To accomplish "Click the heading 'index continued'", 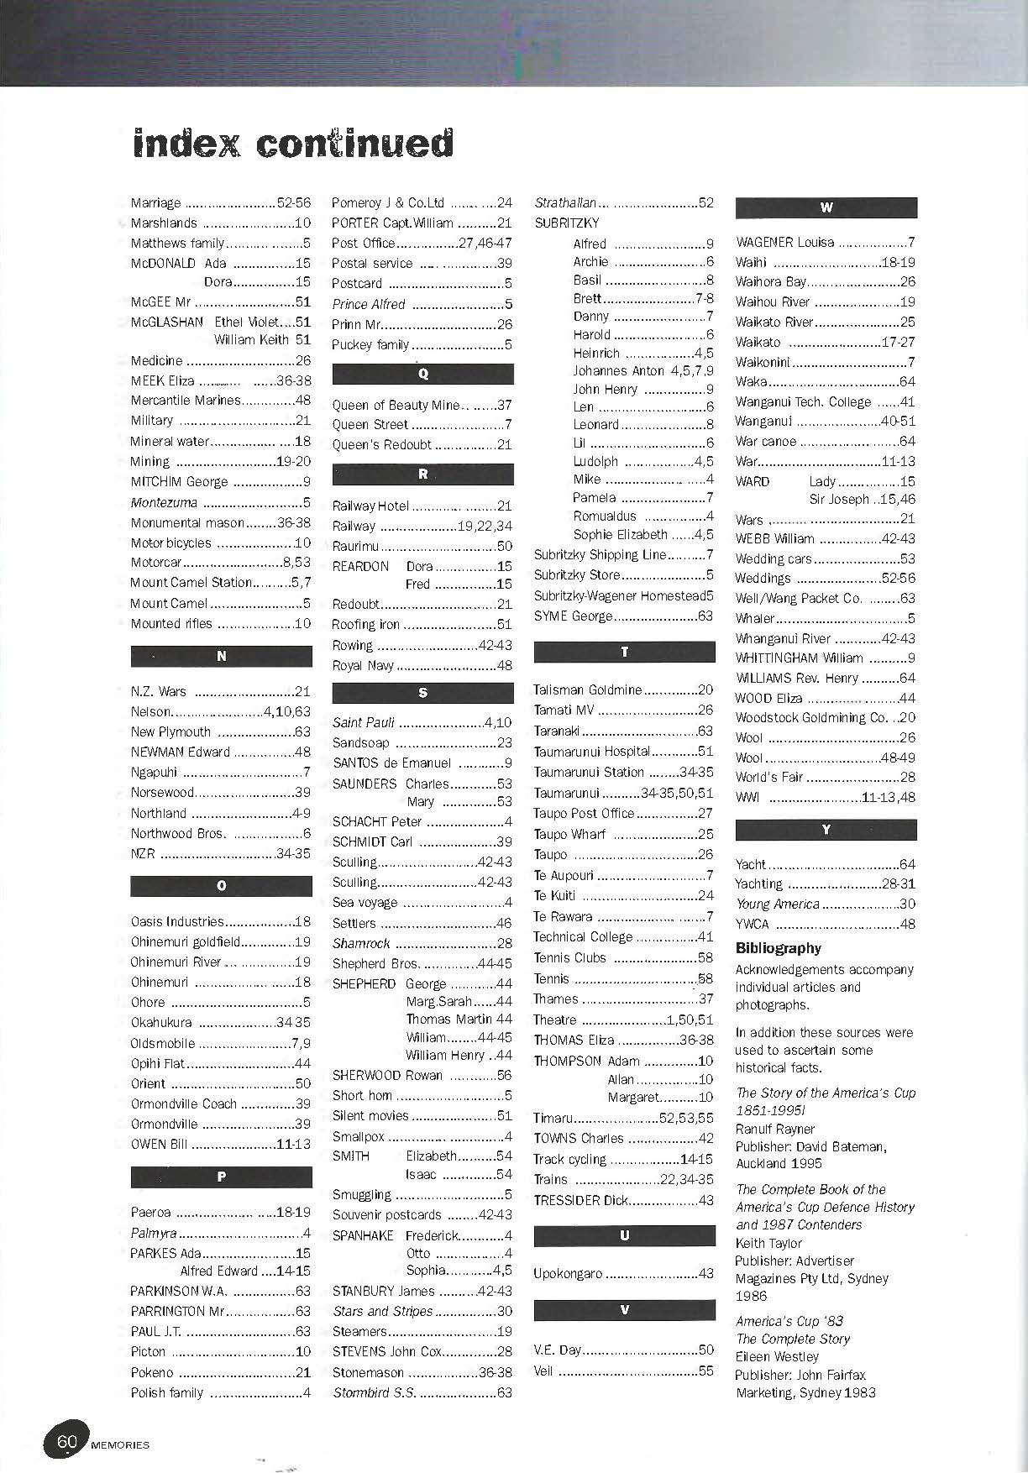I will [x=292, y=144].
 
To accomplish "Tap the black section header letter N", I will [x=221, y=656].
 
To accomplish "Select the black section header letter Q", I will [x=422, y=374].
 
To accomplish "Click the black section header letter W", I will [x=826, y=207].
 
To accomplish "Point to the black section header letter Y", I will [x=826, y=830].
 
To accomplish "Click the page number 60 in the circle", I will [x=67, y=1442].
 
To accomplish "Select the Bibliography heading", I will [x=778, y=948].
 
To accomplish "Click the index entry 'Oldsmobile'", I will [x=163, y=1043].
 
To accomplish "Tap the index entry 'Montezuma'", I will [x=164, y=502].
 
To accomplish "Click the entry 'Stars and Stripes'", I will [x=382, y=1311].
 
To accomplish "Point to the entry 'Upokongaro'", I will [x=568, y=1273].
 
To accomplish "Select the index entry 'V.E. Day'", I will [x=557, y=1350].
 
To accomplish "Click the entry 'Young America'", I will [x=777, y=904].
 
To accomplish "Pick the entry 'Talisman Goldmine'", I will [x=587, y=689].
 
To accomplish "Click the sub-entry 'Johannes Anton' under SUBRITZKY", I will [x=618, y=370].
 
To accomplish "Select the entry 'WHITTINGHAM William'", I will [x=799, y=658].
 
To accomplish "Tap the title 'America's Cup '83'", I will [x=778, y=1321].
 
